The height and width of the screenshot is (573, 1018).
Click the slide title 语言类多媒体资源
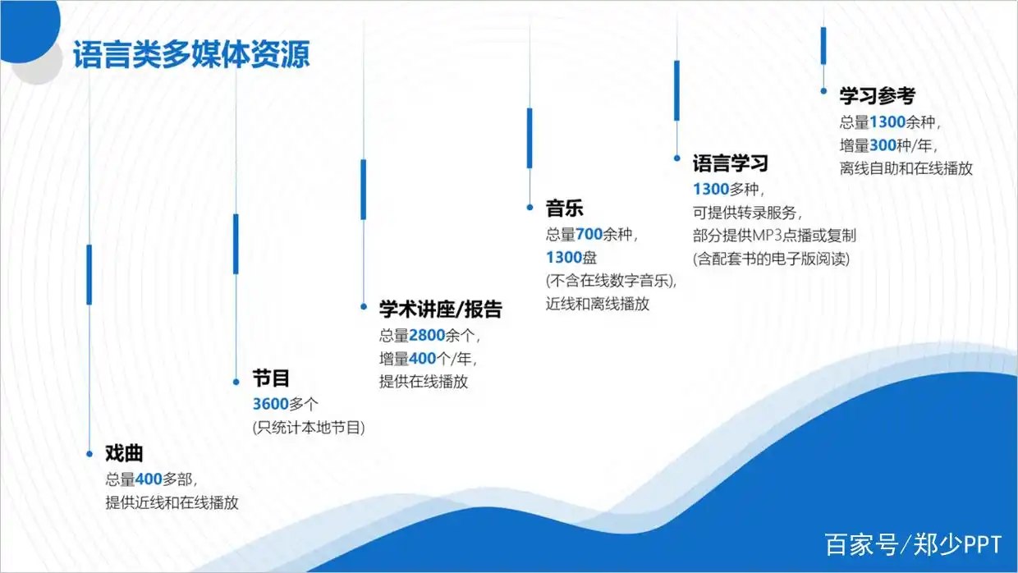click(191, 54)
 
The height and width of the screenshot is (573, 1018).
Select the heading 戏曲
click(124, 453)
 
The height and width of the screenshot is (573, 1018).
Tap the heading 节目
click(271, 378)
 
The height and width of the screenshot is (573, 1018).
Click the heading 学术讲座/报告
click(440, 309)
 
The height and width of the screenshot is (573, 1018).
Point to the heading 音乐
click(565, 209)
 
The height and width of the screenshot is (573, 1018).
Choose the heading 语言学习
click(731, 163)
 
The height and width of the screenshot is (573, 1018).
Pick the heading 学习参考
click(877, 96)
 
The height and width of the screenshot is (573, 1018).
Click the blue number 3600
click(271, 404)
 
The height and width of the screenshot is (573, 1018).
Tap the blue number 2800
click(427, 336)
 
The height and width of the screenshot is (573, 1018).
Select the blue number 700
click(589, 235)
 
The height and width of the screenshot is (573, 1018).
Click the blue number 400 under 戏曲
click(149, 479)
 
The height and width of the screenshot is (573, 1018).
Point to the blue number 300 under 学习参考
click(883, 145)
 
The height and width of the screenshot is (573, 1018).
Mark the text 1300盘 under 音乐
click(571, 258)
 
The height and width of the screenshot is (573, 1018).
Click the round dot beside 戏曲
click(89, 453)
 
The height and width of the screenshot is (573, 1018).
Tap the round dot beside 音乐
click(530, 207)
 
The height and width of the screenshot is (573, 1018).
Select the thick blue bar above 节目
click(236, 244)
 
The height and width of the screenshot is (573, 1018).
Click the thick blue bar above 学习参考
click(823, 46)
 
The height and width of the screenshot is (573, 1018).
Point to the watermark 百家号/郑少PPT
click(913, 544)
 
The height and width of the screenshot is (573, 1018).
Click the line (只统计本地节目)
click(309, 428)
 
